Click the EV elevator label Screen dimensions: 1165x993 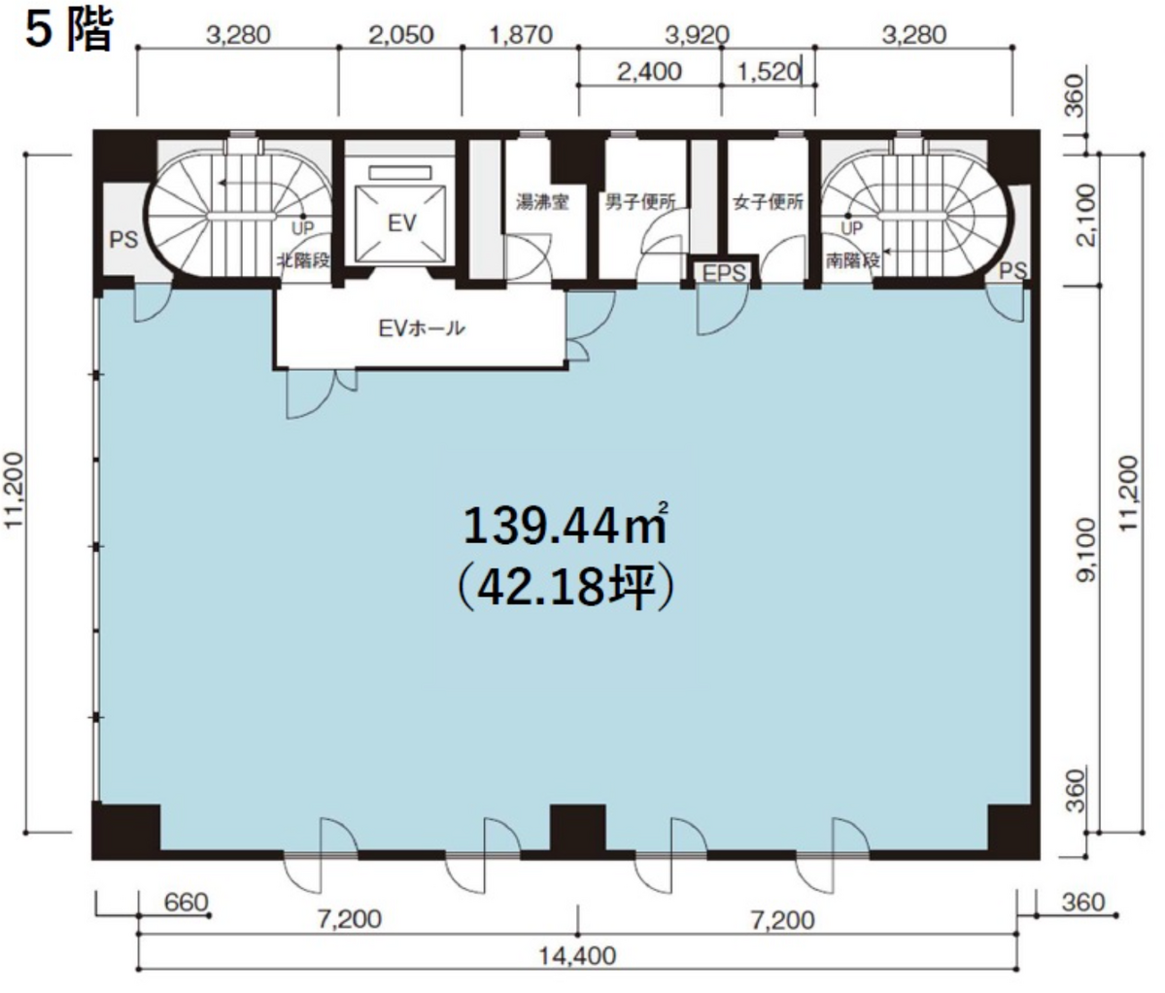point(402,223)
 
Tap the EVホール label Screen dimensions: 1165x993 point(422,327)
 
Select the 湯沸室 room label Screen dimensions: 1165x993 point(542,202)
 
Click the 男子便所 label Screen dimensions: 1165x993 point(640,201)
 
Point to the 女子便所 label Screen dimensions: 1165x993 point(769,202)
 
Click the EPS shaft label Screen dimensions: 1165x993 point(724,273)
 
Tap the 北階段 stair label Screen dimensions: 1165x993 point(303,260)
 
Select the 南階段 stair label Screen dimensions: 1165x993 point(853,260)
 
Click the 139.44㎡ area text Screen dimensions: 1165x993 point(565,524)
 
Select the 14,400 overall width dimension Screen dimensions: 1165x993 point(577,955)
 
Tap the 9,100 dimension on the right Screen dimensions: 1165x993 point(1085,550)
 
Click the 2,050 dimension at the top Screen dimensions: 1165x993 point(401,35)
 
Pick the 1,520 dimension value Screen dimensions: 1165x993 point(769,71)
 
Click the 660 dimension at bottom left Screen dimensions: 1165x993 point(186,903)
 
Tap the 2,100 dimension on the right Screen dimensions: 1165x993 point(1085,215)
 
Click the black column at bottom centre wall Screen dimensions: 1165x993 point(577,828)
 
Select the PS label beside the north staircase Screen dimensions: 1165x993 point(123,240)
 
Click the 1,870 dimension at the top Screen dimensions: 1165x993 point(521,35)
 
